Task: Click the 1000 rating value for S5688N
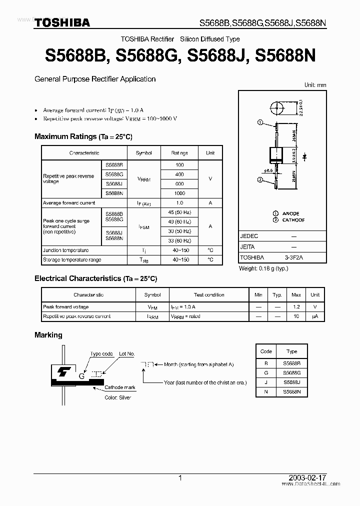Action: pos(179,193)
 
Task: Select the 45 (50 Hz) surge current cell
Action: pos(179,212)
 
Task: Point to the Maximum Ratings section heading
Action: pos(83,136)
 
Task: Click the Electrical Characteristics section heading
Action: pos(95,278)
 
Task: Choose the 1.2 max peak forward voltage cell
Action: pos(296,307)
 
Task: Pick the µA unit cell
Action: pos(315,316)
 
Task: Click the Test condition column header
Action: pos(209,295)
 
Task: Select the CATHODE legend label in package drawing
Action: pos(293,220)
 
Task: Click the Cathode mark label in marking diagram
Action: pos(120,387)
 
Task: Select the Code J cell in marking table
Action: pos(266,382)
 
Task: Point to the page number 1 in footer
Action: pos(179,478)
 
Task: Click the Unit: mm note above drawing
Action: pos(315,85)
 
